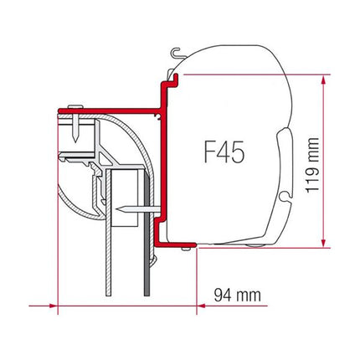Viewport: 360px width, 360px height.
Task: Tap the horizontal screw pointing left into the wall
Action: [128, 206]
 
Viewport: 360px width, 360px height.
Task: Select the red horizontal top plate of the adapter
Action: [109, 107]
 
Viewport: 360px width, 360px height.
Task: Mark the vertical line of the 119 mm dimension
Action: [322, 159]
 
